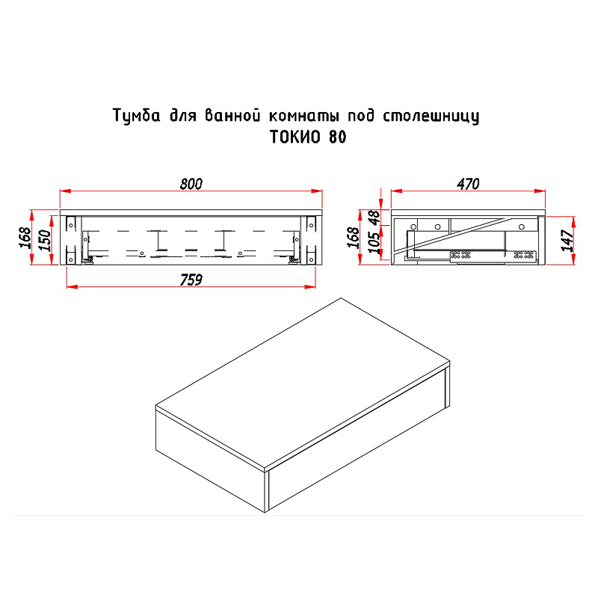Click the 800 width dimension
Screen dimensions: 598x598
click(x=191, y=185)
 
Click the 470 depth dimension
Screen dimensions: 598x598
click(x=468, y=185)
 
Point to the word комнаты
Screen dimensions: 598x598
click(x=303, y=117)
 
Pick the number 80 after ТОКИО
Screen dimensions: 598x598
click(x=336, y=139)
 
